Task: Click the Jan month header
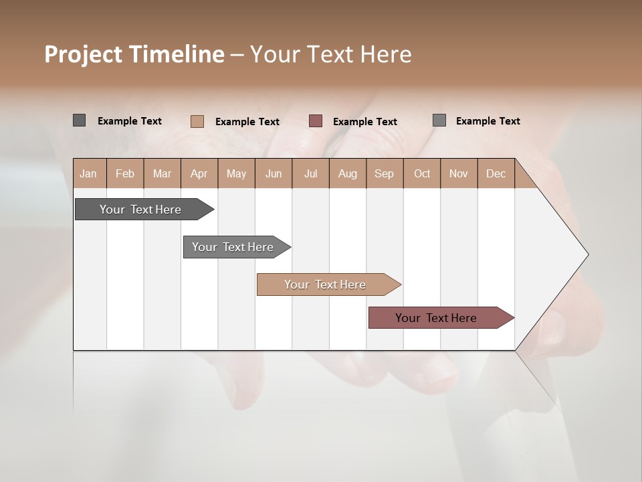(x=88, y=173)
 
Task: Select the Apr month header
(x=199, y=173)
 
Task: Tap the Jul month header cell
(x=310, y=173)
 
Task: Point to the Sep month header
(x=385, y=173)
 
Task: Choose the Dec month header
(x=496, y=173)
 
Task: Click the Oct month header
(x=422, y=173)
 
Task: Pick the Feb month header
(x=125, y=173)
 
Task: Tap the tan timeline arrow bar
(x=326, y=285)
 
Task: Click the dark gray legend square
(x=79, y=120)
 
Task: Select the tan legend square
(x=197, y=121)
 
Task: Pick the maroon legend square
(x=316, y=121)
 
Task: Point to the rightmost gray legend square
(x=439, y=120)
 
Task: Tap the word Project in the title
(x=83, y=54)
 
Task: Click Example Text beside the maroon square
(x=364, y=122)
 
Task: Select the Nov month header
(x=459, y=173)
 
